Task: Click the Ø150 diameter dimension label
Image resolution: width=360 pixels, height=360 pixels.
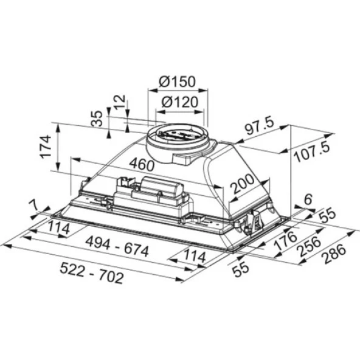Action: pyautogui.click(x=178, y=82)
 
